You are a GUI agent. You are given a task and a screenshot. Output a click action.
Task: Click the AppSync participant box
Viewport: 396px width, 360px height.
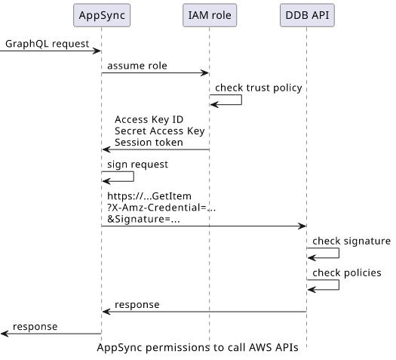coord(102,15)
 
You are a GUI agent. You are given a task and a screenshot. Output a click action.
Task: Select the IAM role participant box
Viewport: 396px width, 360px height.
coord(210,15)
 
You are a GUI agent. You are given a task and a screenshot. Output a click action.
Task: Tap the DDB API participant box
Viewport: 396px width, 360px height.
coord(307,15)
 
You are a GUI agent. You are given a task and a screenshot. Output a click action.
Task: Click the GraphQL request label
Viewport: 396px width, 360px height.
coord(48,44)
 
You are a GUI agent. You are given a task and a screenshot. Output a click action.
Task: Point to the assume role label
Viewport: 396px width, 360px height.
coord(137,66)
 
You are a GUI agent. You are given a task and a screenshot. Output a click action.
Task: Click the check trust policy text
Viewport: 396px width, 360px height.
coord(259,88)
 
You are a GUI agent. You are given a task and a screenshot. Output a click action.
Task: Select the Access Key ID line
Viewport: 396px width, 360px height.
coord(149,119)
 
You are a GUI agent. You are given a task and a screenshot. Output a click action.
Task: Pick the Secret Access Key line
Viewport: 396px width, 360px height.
coord(160,131)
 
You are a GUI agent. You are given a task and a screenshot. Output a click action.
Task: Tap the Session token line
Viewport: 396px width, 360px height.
coord(149,143)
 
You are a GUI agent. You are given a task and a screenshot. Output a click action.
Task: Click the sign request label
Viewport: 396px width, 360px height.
coord(137,165)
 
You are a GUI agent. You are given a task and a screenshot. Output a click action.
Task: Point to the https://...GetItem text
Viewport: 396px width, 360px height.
coord(149,196)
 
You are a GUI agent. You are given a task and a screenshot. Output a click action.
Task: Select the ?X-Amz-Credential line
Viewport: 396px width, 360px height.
coord(161,208)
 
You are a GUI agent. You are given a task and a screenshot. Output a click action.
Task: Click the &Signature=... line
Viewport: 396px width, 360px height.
coord(143,219)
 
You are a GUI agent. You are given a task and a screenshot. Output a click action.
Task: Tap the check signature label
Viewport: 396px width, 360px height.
coord(351,242)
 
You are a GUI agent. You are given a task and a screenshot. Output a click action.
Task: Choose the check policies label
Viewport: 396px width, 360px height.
coord(347,273)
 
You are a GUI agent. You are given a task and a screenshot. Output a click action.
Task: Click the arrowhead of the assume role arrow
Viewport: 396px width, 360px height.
coord(206,73)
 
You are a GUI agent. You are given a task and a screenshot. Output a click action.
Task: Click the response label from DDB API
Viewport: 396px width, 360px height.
coord(137,305)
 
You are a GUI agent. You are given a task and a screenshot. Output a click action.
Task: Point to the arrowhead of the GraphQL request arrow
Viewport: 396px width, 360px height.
coord(97,51)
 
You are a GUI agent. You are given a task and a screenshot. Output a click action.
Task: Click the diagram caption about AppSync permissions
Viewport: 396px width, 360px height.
coord(198,348)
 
